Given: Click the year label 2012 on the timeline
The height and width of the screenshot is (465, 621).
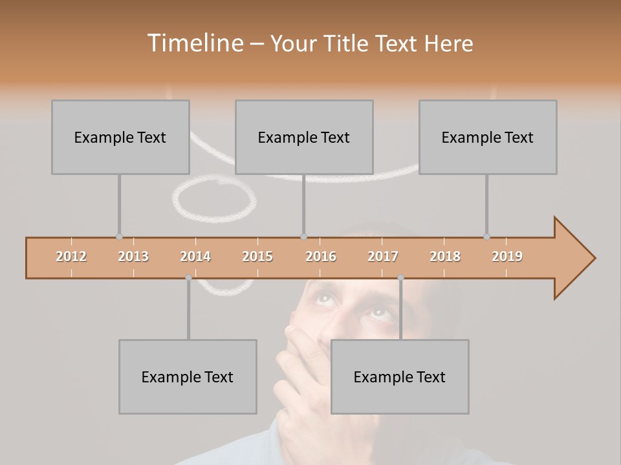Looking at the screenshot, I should [x=71, y=256].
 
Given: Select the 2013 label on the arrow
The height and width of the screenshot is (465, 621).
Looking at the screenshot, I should [x=133, y=256].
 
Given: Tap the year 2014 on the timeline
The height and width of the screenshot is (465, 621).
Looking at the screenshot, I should [x=195, y=256].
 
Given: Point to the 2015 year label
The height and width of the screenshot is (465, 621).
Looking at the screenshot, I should [x=257, y=256].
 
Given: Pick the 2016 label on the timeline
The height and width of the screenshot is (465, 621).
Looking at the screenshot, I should [x=321, y=256].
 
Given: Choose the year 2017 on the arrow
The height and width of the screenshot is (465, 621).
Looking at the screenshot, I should [x=383, y=256].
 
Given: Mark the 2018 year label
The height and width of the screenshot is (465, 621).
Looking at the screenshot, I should [x=445, y=256].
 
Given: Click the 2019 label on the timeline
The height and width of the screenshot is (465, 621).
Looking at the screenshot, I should [x=507, y=256].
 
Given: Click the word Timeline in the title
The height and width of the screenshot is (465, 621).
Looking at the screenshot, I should [x=193, y=43].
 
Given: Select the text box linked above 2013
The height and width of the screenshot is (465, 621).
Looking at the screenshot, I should [x=120, y=137].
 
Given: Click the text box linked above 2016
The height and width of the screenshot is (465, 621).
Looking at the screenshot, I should [x=304, y=137].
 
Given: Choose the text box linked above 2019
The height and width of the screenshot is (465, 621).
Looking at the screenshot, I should [x=488, y=137].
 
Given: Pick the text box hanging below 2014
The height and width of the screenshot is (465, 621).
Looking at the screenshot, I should [x=188, y=377].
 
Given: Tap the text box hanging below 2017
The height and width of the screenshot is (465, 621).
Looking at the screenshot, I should [x=400, y=377].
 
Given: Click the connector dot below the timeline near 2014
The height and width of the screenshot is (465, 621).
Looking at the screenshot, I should [x=188, y=278].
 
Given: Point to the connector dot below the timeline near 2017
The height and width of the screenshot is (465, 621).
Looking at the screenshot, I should [x=400, y=278].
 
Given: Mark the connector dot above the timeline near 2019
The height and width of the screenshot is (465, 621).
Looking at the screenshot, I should [x=486, y=236].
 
